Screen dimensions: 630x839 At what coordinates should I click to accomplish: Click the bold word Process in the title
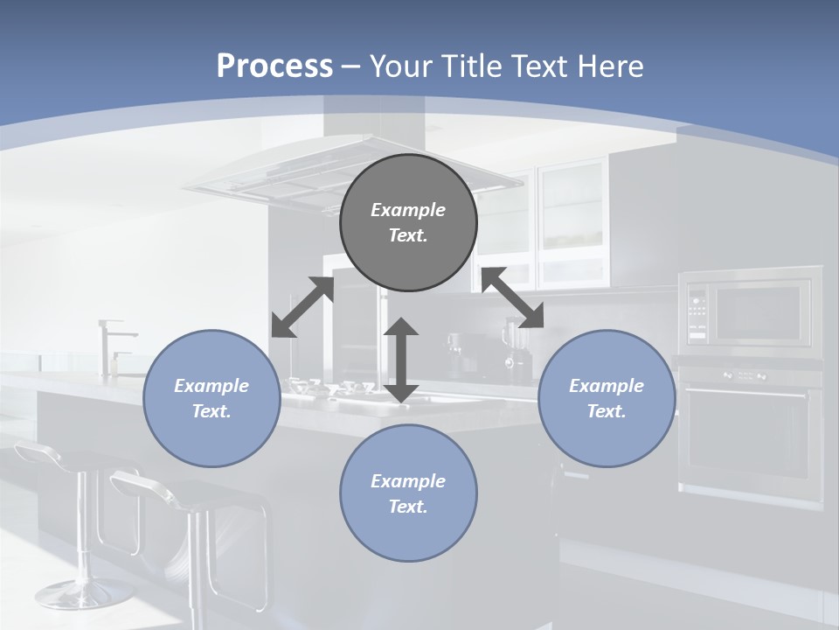(x=274, y=66)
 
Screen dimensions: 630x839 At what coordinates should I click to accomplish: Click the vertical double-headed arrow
(x=401, y=360)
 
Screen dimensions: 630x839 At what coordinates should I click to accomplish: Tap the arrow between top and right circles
(x=512, y=298)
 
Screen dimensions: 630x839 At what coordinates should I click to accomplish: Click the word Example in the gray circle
(x=408, y=210)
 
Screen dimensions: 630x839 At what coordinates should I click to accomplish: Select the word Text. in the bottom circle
(x=408, y=507)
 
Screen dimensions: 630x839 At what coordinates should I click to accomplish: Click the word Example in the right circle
(x=607, y=386)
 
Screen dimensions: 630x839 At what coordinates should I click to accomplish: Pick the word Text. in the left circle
(x=211, y=411)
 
